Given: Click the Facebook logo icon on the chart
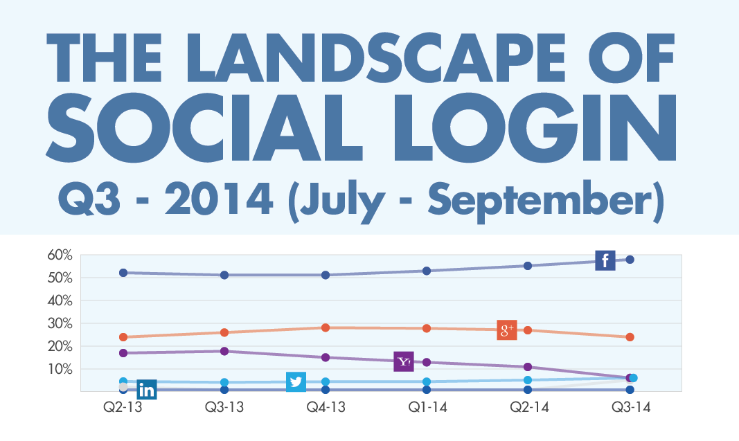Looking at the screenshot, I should tap(605, 260).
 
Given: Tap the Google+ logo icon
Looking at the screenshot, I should tap(508, 330).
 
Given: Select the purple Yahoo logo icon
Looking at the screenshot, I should tap(404, 361).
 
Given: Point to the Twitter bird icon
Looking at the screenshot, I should tap(296, 381).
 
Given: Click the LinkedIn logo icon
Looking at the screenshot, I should tap(147, 390).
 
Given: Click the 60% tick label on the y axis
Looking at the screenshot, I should tap(60, 255).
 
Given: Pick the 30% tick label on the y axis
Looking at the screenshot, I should tap(60, 323).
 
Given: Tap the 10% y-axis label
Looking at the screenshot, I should tap(60, 368).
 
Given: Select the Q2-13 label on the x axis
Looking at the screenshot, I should tap(123, 408).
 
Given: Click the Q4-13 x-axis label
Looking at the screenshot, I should tap(326, 408).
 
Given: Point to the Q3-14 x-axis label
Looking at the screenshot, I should tap(630, 408).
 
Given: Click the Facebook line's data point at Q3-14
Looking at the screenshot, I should tap(630, 260).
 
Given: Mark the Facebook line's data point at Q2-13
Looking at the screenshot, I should tap(123, 273).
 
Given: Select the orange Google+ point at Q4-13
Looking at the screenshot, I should tap(326, 327).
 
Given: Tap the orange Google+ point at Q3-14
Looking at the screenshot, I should tap(630, 337).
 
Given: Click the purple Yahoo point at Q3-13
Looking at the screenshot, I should tap(224, 351).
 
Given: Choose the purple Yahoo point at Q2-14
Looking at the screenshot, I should tap(528, 367).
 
